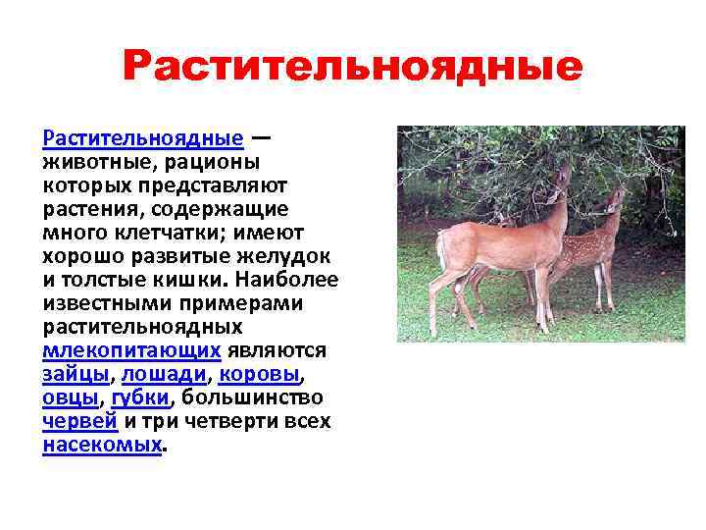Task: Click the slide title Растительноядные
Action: tap(353, 68)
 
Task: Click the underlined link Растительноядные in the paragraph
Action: tap(142, 136)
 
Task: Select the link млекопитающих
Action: tap(132, 350)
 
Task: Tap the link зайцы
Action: tap(76, 374)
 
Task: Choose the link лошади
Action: tap(165, 374)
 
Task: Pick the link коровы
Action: tap(259, 374)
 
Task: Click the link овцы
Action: tap(71, 397)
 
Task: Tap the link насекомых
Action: tap(102, 445)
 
